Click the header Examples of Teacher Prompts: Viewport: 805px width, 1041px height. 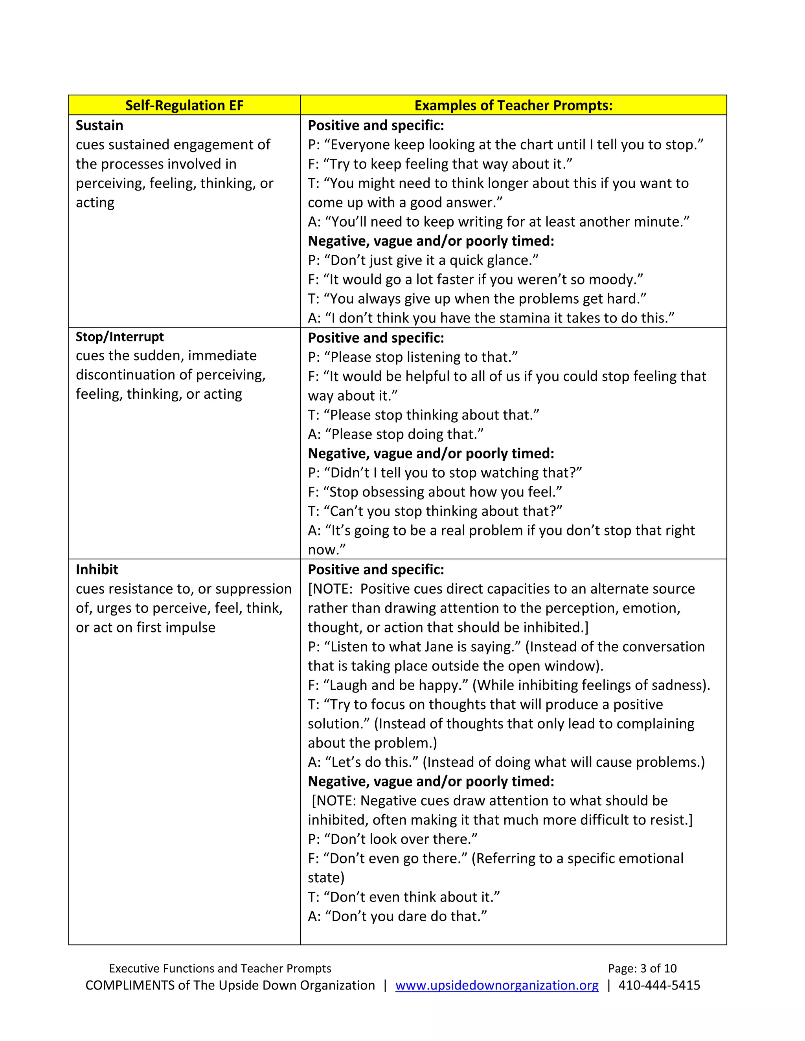(513, 105)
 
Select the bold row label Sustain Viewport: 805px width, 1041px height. (99, 125)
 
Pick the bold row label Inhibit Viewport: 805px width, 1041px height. (97, 570)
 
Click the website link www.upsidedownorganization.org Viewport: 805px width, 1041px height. (496, 985)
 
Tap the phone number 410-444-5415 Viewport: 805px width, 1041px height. (659, 985)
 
